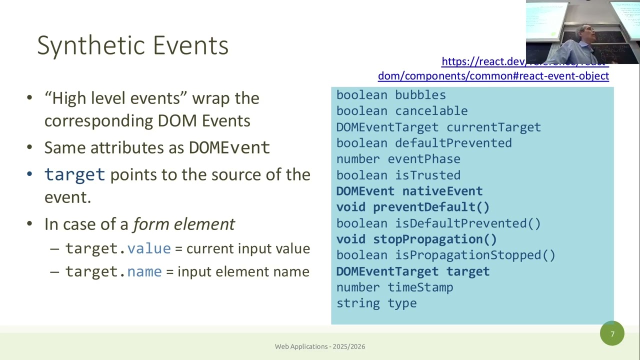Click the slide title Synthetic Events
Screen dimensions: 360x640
coord(132,45)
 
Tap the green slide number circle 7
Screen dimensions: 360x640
coord(612,333)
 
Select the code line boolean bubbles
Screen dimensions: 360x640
coord(390,95)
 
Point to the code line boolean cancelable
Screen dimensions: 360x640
coord(401,111)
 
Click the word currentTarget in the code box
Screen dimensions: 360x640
coord(493,127)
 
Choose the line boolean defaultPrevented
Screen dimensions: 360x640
coord(423,143)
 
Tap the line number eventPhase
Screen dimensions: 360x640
coord(398,159)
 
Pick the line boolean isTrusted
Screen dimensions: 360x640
coord(398,175)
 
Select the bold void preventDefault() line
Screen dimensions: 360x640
coord(412,207)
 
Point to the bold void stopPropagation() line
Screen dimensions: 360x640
coord(416,239)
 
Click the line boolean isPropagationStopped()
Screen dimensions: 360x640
coord(445,255)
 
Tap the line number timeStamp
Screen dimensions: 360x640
coord(394,287)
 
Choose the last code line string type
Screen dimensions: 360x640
coord(376,303)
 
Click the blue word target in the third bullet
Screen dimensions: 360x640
coord(74,174)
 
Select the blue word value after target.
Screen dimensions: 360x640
coord(148,248)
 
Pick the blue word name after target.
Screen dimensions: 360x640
coord(144,271)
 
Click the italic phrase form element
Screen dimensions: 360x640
coord(183,224)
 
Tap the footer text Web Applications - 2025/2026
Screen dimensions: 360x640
coord(320,346)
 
